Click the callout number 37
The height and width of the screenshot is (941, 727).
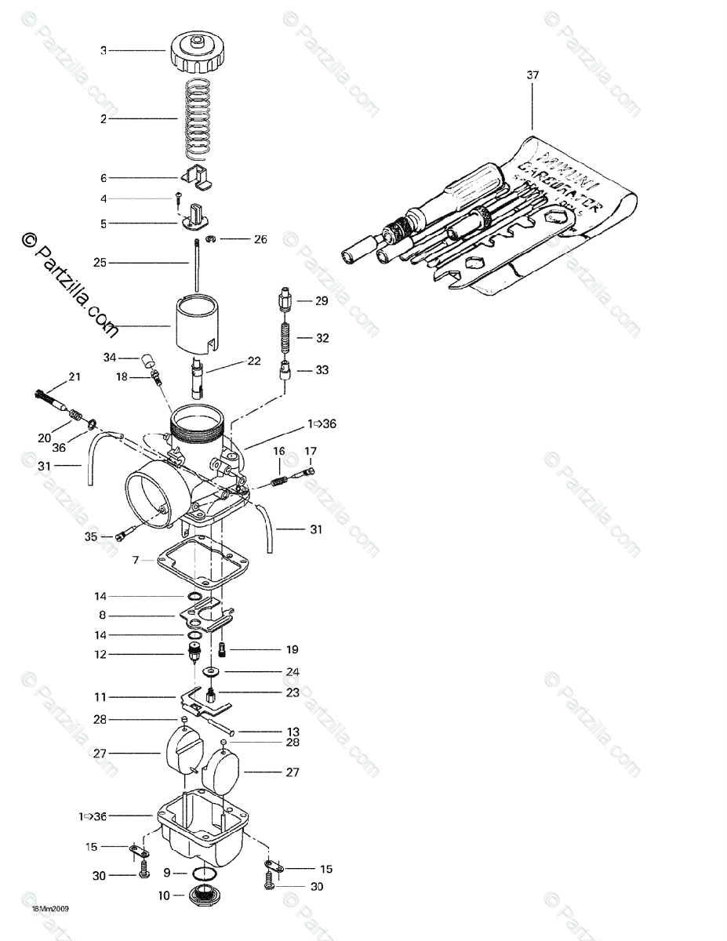533,75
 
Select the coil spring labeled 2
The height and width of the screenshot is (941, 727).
198,118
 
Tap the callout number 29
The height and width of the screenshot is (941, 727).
322,301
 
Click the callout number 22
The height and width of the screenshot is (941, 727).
253,361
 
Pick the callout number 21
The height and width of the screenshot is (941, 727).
75,377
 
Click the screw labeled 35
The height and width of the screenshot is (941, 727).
120,537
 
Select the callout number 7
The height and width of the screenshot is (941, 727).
136,561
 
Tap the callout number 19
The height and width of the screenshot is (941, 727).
292,649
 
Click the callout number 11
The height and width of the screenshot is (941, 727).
100,696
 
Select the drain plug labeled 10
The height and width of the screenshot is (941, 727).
204,893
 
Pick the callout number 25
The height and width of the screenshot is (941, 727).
100,263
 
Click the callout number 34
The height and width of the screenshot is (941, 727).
110,358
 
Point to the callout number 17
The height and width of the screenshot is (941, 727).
311,451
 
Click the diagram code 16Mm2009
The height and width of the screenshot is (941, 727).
51,910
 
